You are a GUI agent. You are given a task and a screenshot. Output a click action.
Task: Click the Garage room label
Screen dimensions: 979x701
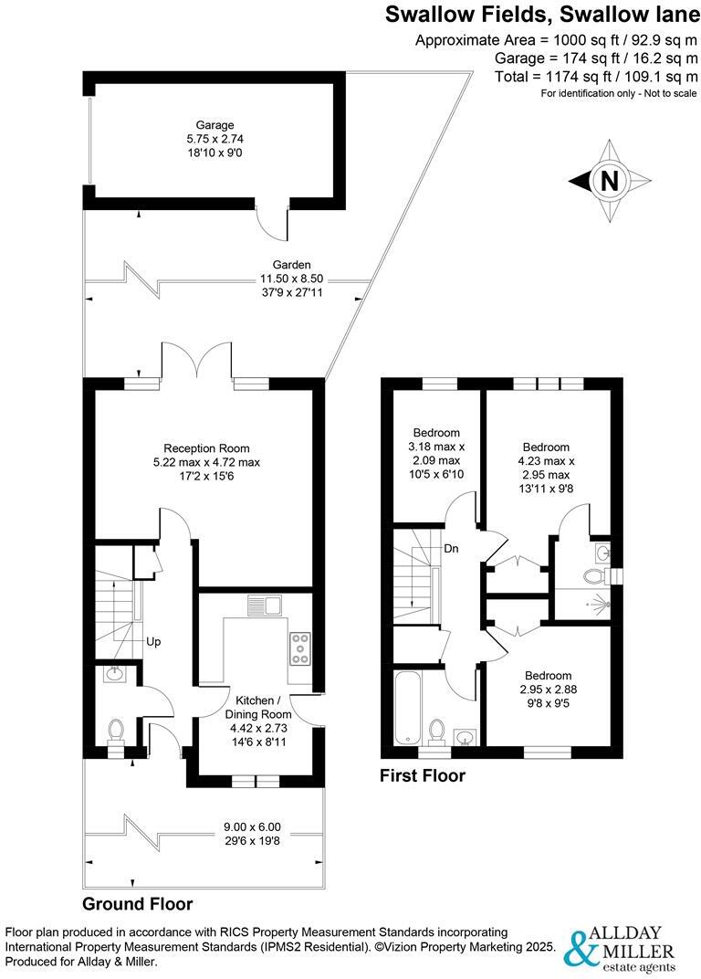point(214,125)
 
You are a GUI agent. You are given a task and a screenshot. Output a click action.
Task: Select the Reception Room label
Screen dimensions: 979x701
point(206,448)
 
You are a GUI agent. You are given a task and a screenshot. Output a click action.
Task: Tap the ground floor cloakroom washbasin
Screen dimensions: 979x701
point(113,675)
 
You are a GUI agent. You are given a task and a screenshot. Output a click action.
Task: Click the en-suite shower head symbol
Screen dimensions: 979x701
point(597,604)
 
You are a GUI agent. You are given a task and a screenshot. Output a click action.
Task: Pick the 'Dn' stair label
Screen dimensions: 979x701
point(452,550)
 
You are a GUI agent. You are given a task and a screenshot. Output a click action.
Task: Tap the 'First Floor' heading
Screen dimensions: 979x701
point(423,776)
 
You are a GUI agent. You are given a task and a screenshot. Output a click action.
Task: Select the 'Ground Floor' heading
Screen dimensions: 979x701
point(138,904)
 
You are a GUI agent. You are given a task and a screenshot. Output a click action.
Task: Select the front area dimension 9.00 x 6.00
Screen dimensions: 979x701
point(253,826)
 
